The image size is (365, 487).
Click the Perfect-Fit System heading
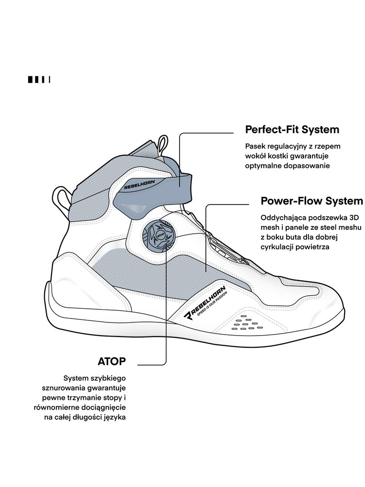pyautogui.click(x=292, y=130)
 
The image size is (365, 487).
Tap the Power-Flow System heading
pyautogui.click(x=312, y=201)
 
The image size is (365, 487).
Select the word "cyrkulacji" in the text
pyautogui.click(x=279, y=247)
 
